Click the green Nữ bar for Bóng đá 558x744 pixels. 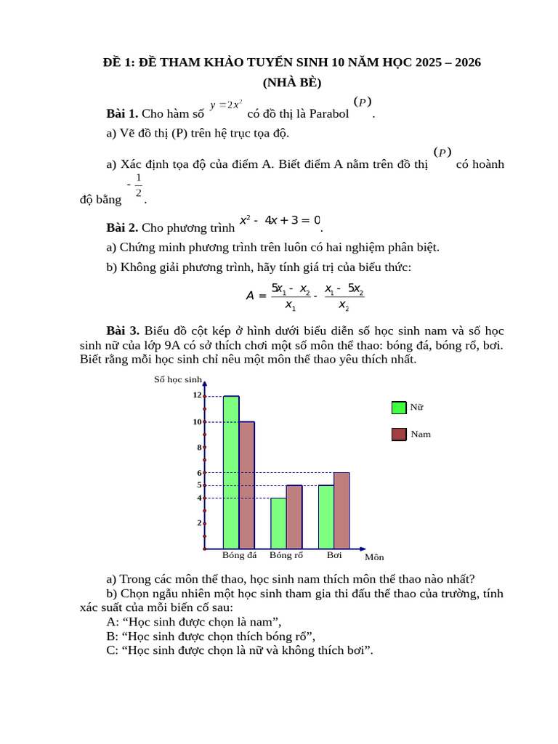tap(231, 472)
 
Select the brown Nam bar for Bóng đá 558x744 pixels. tap(247, 485)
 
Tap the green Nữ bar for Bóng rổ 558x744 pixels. tap(278, 523)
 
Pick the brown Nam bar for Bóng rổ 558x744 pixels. tap(294, 517)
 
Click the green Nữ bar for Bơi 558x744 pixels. tap(326, 517)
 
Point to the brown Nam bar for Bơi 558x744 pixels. tap(341, 510)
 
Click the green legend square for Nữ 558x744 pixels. tap(399, 408)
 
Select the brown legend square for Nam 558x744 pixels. tap(399, 434)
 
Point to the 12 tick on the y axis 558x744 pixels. tap(197, 395)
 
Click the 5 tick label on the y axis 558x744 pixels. tap(199, 485)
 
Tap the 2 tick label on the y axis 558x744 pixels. tap(199, 522)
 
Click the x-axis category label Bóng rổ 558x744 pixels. tap(286, 556)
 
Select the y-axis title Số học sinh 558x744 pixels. tap(177, 379)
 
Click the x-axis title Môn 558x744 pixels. tap(374, 557)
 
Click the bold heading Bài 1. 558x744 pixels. tap(122, 113)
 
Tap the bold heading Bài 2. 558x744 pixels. tap(122, 227)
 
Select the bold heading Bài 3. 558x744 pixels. tap(122, 331)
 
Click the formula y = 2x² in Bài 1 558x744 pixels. tap(226, 105)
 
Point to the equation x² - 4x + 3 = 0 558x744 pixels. tap(280, 219)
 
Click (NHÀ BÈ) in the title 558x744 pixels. tap(292, 82)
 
